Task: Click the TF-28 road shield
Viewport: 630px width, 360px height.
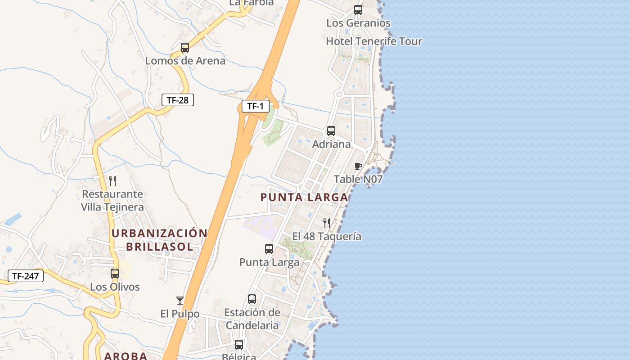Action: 177,100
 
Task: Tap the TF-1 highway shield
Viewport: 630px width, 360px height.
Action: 255,106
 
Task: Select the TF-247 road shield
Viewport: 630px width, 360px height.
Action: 25,276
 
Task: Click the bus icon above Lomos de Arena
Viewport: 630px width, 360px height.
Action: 184,48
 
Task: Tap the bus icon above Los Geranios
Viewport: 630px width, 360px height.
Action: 358,9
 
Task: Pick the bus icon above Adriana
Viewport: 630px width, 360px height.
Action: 331,131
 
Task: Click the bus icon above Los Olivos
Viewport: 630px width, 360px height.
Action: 115,273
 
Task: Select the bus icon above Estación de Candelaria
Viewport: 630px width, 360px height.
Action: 252,299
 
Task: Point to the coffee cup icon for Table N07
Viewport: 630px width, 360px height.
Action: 358,166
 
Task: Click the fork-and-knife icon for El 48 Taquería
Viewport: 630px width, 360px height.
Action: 327,223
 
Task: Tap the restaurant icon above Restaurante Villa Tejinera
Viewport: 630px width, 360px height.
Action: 112,181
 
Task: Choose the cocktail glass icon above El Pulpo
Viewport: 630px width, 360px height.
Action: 180,300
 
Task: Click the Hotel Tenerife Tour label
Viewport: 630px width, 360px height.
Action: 374,41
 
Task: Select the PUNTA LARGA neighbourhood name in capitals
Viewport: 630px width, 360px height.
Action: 304,197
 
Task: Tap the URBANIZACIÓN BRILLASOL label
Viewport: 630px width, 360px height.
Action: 159,240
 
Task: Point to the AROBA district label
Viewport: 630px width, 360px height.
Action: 126,356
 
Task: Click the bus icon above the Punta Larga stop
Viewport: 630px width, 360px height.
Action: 269,249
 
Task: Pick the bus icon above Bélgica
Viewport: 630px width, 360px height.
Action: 239,345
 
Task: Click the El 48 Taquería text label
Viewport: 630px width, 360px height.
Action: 327,236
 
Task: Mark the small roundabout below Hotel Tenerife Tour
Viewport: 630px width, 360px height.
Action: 339,94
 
